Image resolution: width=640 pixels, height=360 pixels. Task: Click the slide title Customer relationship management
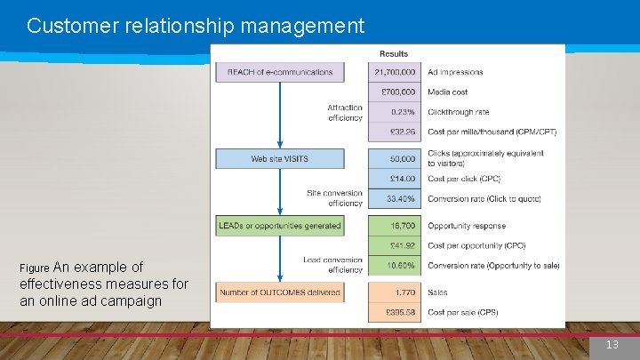tap(196, 26)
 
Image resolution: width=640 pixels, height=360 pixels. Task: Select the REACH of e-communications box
tap(280, 72)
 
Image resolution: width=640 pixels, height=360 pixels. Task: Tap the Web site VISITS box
tap(280, 159)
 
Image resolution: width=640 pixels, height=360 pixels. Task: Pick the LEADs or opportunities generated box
tap(280, 226)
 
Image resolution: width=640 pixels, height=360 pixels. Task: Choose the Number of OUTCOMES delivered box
tap(280, 292)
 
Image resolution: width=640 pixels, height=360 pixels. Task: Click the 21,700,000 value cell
tap(395, 72)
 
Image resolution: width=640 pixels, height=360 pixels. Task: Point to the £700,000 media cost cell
tap(395, 92)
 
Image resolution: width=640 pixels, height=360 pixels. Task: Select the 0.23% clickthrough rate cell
tap(395, 112)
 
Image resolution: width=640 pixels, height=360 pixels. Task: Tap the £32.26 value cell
tap(395, 132)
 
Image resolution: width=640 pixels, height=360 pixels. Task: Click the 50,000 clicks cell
tap(395, 159)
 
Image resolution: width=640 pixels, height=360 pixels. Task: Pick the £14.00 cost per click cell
tap(395, 179)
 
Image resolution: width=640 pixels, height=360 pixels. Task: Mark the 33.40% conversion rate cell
tap(395, 199)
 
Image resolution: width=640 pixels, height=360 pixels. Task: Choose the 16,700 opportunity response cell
tap(395, 226)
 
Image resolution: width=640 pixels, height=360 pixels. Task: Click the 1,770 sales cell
tap(395, 292)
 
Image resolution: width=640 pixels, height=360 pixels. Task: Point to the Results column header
tap(394, 54)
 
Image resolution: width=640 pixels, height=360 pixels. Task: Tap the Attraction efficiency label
tap(345, 113)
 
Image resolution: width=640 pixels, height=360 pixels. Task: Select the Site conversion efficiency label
tap(334, 198)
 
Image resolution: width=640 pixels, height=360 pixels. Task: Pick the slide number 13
tap(612, 345)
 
